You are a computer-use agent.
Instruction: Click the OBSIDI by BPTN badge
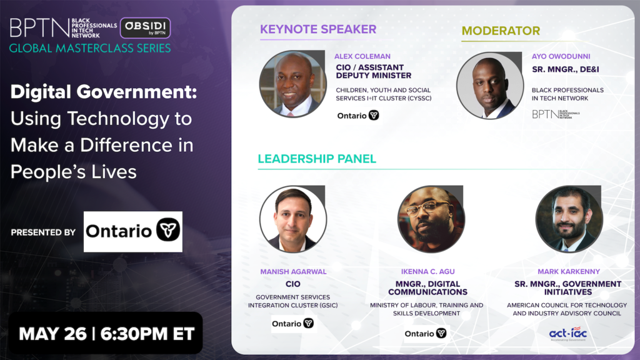coord(145,27)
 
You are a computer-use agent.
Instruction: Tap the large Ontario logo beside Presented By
coord(133,231)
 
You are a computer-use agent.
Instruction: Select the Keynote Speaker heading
coord(318,29)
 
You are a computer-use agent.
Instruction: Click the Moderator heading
coord(501,31)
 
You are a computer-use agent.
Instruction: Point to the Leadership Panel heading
coord(317,159)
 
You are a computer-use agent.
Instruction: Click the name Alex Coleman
coord(362,56)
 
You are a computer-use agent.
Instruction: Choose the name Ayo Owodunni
coord(561,56)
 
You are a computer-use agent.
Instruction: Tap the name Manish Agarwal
coord(294,271)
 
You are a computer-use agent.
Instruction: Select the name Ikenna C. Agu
coord(427,271)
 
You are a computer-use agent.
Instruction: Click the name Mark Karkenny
coord(569,271)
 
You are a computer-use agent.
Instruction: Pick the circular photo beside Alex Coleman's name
coord(292,84)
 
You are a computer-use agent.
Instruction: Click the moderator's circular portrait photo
coord(490,85)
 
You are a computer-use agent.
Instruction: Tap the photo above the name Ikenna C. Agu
coord(431,219)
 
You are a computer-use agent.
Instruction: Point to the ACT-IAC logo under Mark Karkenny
coord(568,334)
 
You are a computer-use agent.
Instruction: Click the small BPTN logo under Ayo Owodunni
coord(556,114)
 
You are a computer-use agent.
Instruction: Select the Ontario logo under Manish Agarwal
coord(292,324)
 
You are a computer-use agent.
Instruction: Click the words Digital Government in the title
coord(104,91)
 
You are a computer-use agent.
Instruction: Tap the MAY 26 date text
coord(52,334)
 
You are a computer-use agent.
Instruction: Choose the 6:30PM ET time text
coord(147,334)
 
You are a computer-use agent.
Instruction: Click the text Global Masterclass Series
coord(90,48)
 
